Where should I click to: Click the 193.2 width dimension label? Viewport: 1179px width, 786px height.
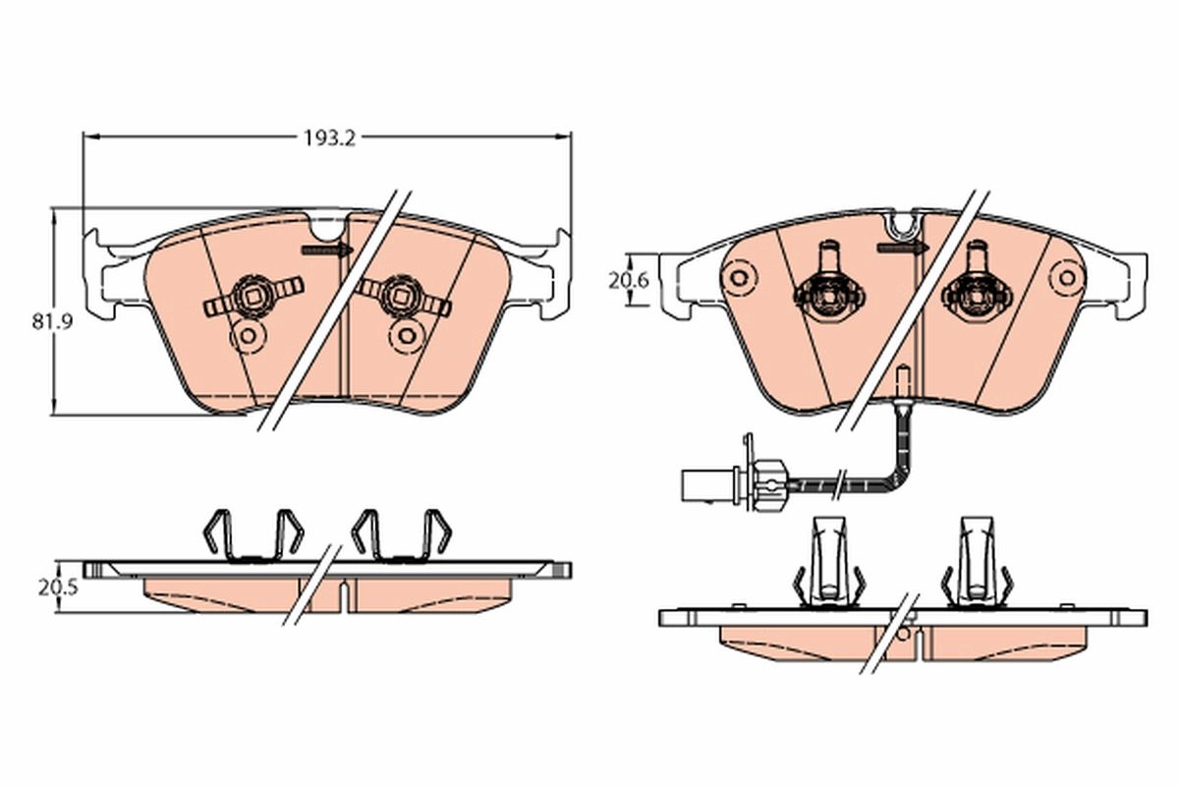[x=327, y=139]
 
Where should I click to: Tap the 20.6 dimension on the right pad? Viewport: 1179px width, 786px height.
[x=628, y=281]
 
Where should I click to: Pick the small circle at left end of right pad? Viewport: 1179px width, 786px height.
[x=738, y=278]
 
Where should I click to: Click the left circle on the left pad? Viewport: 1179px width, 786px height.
[x=247, y=338]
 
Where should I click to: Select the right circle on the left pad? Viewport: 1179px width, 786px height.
[x=405, y=335]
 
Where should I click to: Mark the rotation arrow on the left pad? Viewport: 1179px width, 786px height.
[x=327, y=252]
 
